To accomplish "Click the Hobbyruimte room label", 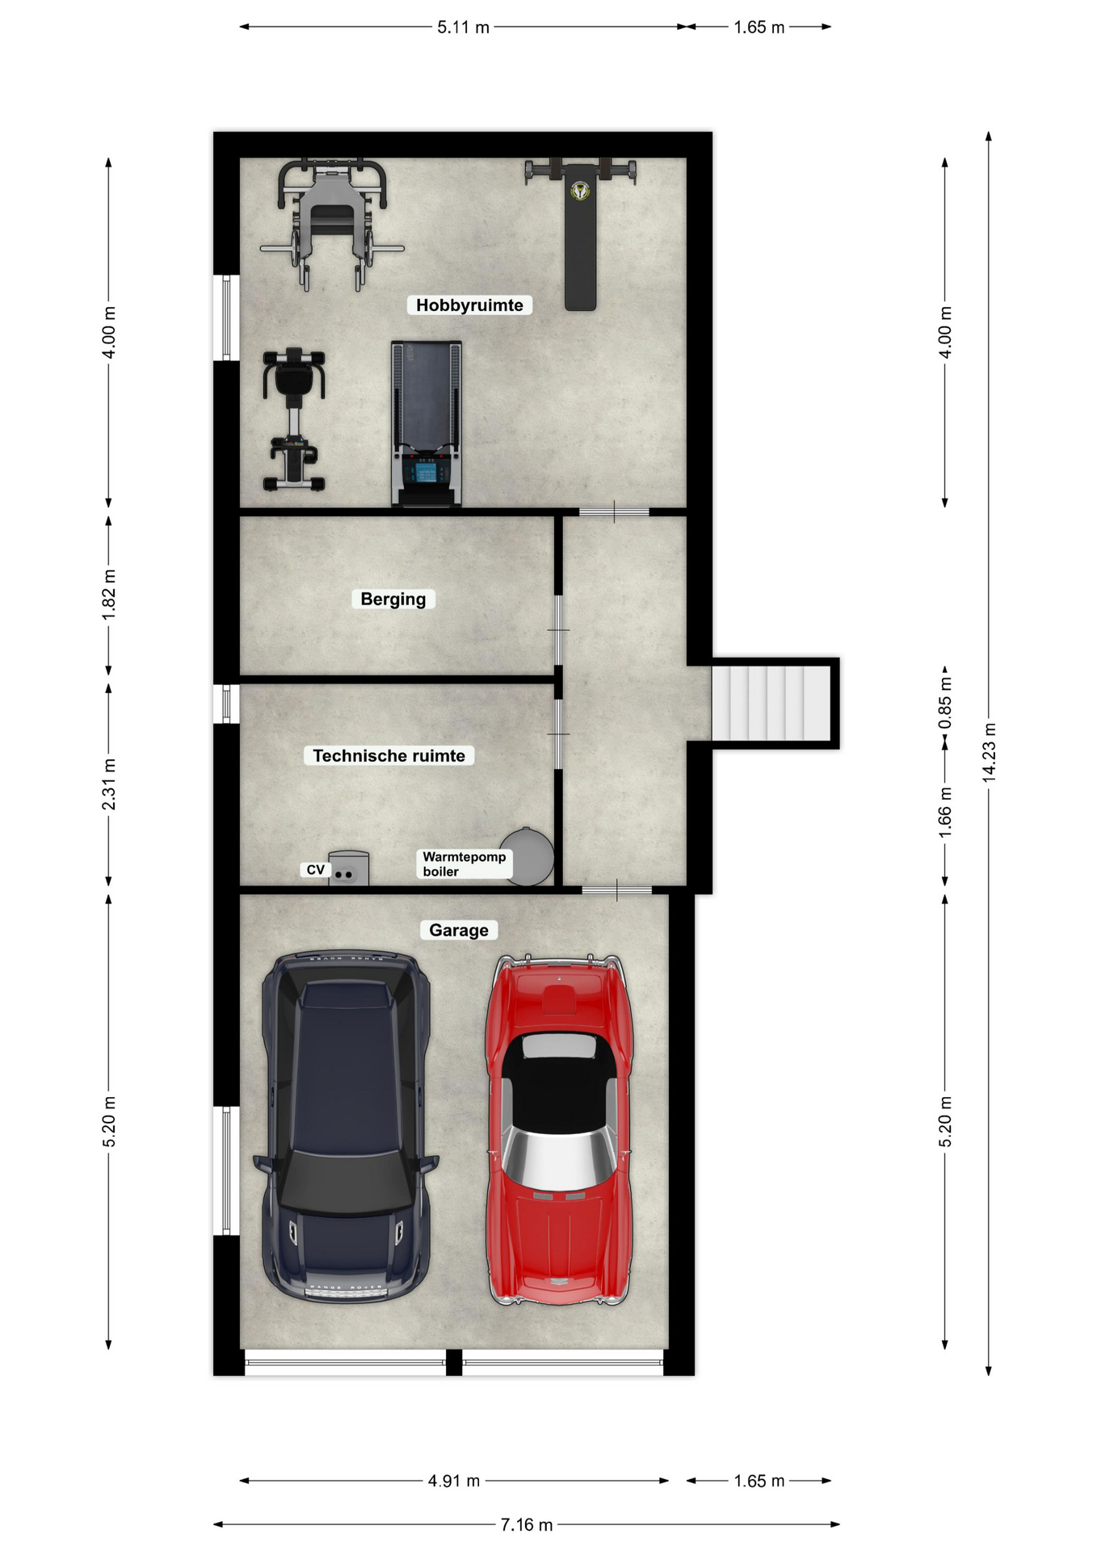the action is tap(469, 305).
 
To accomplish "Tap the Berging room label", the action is tap(393, 599).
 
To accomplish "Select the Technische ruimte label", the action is tap(389, 756).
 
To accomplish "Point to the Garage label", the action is tap(459, 931).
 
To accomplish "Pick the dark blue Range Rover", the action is tap(347, 1126).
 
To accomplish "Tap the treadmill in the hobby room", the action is tap(427, 424).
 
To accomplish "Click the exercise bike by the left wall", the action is tap(294, 419).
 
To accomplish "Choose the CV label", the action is tap(316, 870).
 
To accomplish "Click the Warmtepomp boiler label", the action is tap(464, 864).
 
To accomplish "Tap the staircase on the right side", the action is tap(771, 702).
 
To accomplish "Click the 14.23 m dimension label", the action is tap(990, 752).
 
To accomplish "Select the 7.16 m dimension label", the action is tap(527, 1524).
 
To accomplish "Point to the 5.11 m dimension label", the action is tap(464, 27).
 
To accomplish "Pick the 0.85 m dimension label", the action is tap(945, 703).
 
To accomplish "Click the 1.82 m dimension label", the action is tap(109, 595).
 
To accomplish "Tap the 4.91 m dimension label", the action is tap(454, 1481).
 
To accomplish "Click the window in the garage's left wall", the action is tap(226, 1171).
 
